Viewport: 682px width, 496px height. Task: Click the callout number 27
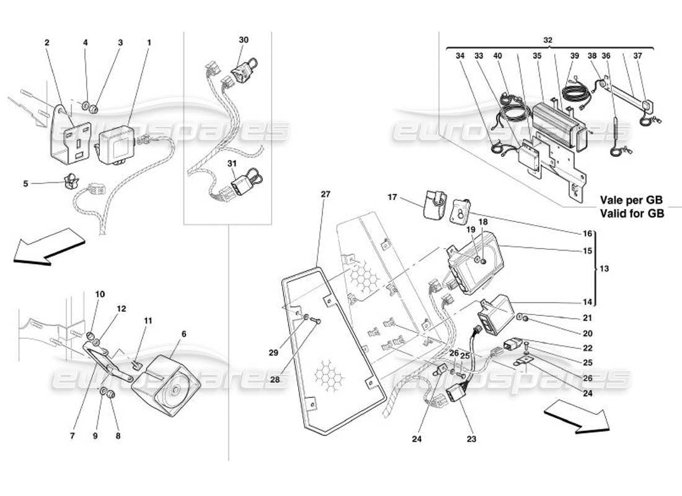coord(326,194)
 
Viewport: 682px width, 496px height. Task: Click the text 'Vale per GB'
coord(631,201)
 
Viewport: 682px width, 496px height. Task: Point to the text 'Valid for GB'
coord(631,213)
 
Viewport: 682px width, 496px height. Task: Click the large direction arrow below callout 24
coord(577,417)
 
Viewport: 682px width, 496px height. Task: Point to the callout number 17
coord(392,198)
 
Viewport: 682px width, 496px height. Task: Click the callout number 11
coord(148,321)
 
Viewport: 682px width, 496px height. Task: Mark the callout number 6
coord(183,334)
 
